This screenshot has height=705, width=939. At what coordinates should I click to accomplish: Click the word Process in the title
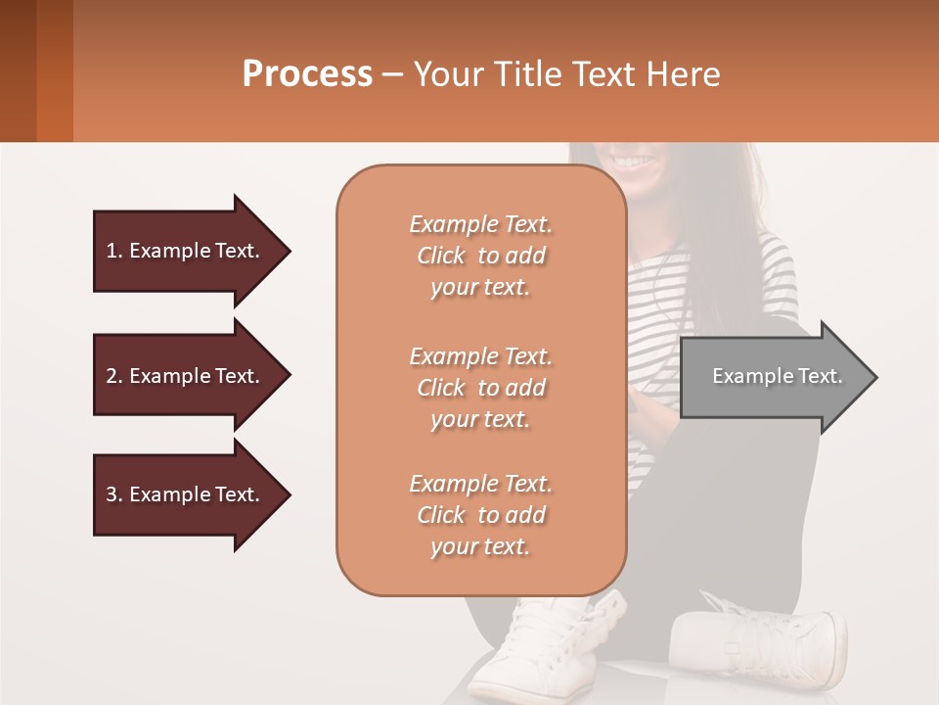[x=307, y=74]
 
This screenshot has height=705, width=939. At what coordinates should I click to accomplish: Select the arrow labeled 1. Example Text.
[x=186, y=251]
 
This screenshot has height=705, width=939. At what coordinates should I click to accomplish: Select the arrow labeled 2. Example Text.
[x=186, y=376]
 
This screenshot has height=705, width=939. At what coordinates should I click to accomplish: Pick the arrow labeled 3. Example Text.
[x=186, y=494]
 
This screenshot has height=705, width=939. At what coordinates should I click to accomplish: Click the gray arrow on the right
[x=773, y=377]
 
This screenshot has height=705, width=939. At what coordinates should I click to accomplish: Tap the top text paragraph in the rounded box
[x=480, y=256]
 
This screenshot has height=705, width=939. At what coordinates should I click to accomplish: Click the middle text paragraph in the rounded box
[x=480, y=388]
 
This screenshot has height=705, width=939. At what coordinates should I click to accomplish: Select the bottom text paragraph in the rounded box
[x=480, y=515]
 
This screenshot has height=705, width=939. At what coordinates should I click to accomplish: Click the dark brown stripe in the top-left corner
[x=18, y=70]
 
